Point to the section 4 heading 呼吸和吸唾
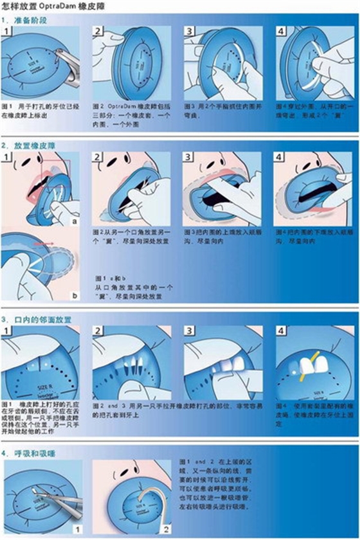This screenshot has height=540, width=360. (33, 453)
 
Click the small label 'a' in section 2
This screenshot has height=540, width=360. (75, 219)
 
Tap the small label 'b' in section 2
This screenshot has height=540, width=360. (75, 295)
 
